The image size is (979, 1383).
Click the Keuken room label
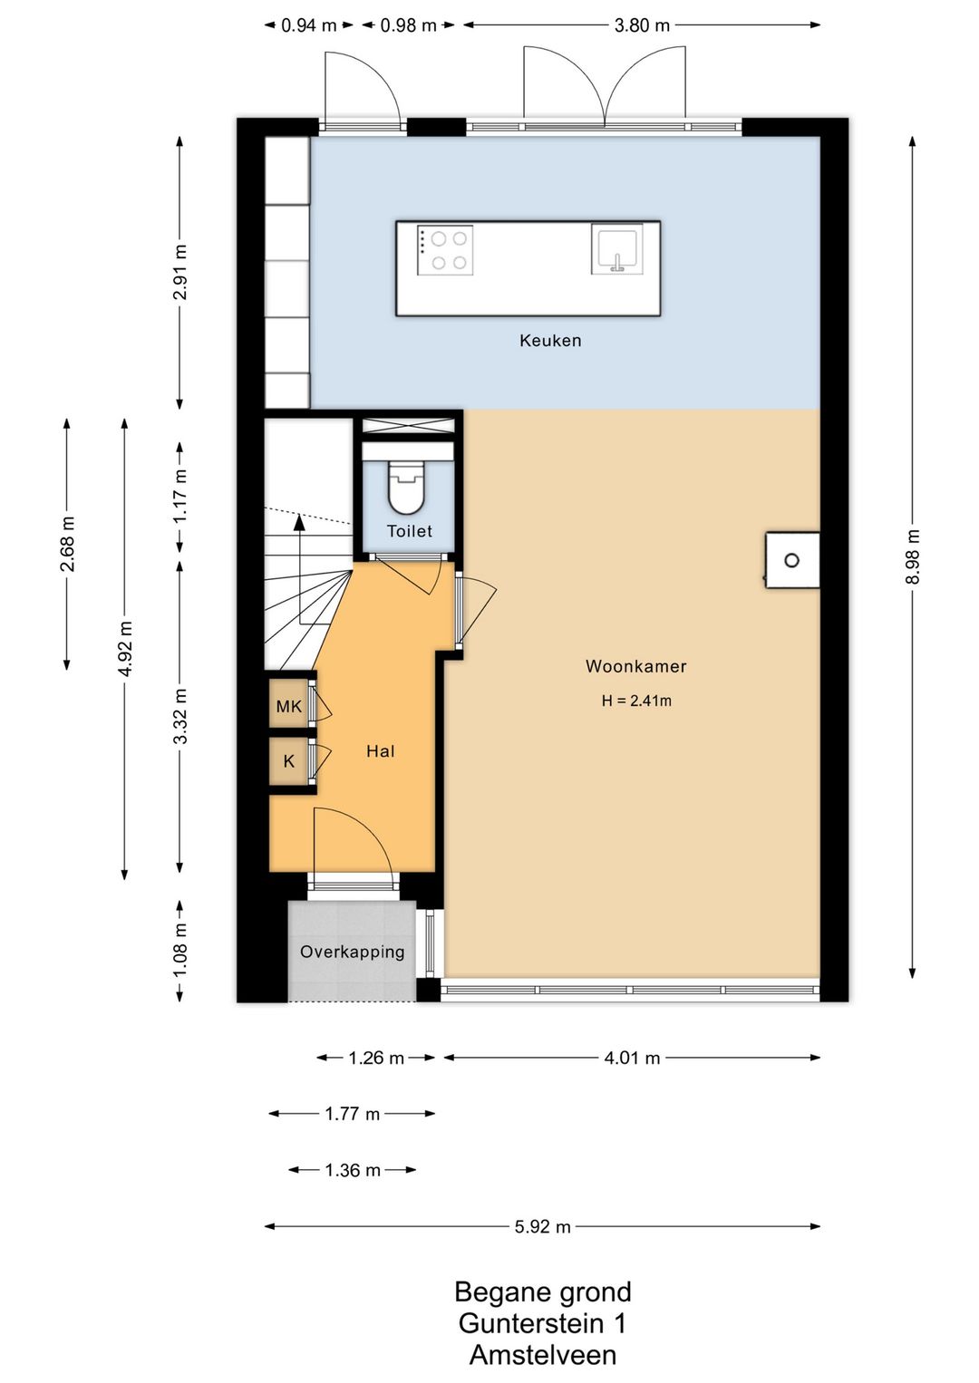tap(549, 341)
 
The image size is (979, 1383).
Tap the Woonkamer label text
tap(636, 666)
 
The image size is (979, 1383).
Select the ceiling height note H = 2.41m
tap(636, 701)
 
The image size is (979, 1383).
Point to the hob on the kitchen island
tap(445, 250)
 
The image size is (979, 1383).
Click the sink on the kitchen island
tap(616, 249)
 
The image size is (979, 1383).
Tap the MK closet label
tap(288, 706)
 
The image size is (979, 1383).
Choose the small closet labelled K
tap(289, 762)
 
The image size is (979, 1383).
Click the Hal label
tap(381, 751)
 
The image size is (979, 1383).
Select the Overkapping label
tap(352, 952)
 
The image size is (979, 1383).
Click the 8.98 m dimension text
tap(913, 556)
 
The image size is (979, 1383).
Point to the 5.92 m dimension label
tap(542, 1226)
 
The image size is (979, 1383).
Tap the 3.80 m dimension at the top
tap(642, 25)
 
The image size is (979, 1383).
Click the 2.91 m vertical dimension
tap(179, 272)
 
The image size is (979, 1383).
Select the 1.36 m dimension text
tap(352, 1170)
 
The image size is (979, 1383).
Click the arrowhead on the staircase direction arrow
tap(299, 523)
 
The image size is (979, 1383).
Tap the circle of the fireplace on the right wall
tap(792, 561)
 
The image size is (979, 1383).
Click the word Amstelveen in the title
tap(543, 1356)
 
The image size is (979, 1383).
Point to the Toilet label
tap(410, 531)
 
